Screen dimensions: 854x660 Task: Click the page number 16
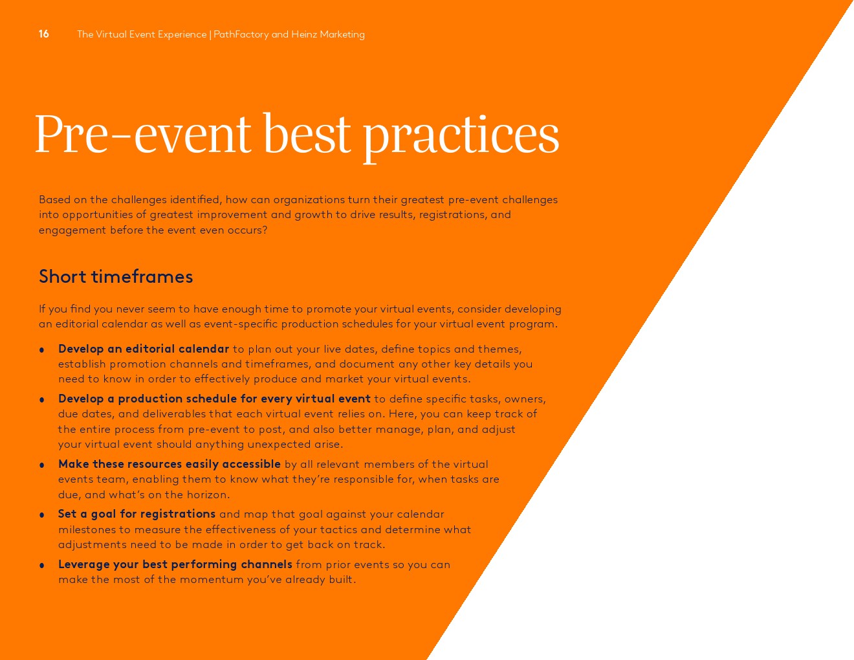coord(43,34)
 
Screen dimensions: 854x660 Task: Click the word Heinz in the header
coord(304,34)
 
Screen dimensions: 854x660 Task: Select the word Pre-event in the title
coord(143,134)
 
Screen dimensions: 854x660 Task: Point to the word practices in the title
coord(461,138)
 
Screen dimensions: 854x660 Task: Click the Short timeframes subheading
coord(116,276)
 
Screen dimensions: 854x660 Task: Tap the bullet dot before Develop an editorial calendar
coord(41,350)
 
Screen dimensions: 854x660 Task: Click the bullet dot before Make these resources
coord(41,465)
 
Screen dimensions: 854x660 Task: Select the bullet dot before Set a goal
coord(41,515)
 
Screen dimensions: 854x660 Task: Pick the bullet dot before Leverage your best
coord(41,566)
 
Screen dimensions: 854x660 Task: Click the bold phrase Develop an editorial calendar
coord(144,349)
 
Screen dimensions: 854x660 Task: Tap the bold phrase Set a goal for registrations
coord(137,514)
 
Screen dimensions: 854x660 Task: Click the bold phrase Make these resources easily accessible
coord(170,464)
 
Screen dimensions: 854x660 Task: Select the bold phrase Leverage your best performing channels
coord(175,564)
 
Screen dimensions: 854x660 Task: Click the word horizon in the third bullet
coord(208,494)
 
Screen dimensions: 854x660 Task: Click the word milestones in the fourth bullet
coord(87,529)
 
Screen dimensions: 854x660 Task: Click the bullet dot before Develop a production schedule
coord(41,400)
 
